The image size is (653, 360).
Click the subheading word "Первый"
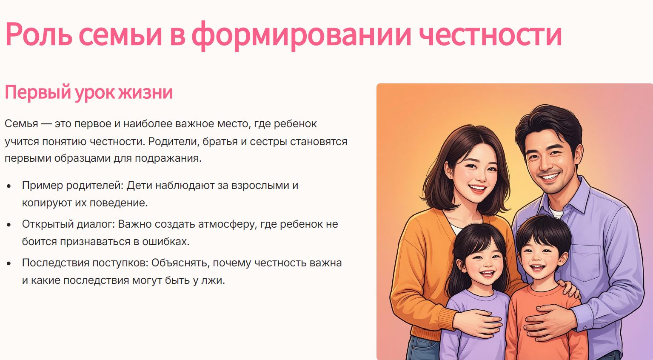[x=38, y=92]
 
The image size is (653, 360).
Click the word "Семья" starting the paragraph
[x=21, y=123]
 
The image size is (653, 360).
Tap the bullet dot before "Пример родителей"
[x=9, y=186]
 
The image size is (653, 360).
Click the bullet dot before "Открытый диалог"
[x=9, y=225]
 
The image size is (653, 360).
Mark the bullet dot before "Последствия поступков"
[x=9, y=263]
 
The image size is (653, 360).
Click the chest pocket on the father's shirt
[x=585, y=263]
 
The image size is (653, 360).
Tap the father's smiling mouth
[x=549, y=177]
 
